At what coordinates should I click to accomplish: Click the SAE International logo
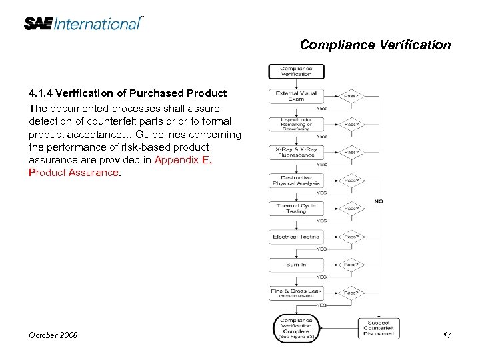point(83,23)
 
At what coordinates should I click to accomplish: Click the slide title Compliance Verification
point(375,45)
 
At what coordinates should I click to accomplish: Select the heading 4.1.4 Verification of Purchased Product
point(127,93)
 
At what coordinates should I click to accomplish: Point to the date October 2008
point(53,335)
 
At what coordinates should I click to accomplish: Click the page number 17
point(447,335)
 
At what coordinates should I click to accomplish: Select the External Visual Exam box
point(296,96)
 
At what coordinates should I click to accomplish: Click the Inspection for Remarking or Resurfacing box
point(296,124)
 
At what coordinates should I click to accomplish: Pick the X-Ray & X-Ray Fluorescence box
point(296,152)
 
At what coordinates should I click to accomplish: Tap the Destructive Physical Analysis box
point(296,180)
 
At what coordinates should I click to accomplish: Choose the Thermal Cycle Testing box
point(296,209)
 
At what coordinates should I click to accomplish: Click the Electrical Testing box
point(296,237)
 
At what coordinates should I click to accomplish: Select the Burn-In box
point(296,265)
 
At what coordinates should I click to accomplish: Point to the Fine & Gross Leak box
point(296,293)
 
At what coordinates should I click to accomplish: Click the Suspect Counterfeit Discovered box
point(379,327)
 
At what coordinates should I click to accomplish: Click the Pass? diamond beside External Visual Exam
point(352,96)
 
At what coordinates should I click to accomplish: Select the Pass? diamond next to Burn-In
point(352,265)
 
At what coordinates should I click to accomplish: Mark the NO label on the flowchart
point(379,201)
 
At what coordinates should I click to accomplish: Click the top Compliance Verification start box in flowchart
point(296,71)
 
